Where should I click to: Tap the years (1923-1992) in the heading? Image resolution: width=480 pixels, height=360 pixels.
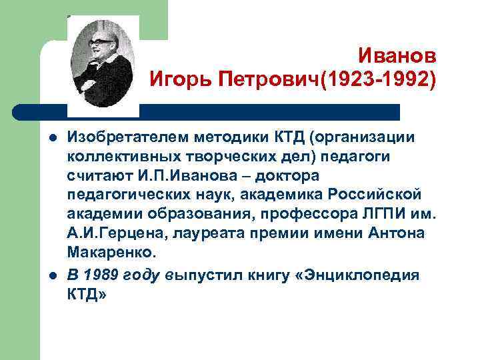coord(379,81)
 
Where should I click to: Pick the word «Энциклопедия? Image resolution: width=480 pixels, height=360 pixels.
coord(356,277)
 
